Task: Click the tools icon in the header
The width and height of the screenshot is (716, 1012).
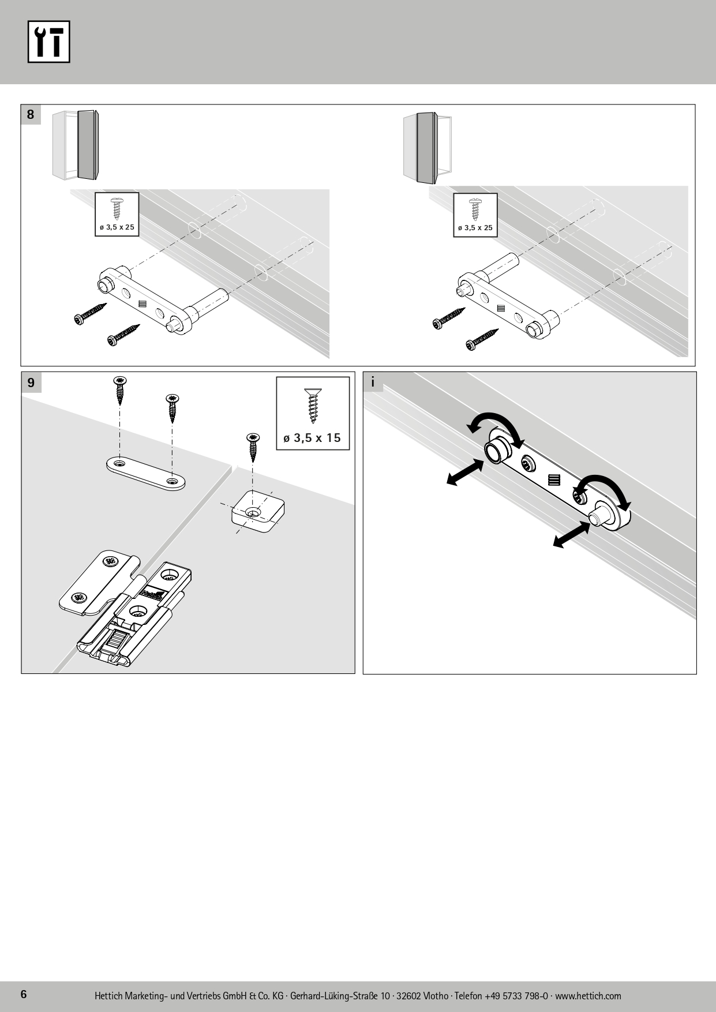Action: point(49,41)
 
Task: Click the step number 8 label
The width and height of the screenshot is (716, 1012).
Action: point(31,114)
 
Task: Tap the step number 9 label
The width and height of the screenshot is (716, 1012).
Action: point(31,382)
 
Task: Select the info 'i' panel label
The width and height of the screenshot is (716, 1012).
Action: point(373,382)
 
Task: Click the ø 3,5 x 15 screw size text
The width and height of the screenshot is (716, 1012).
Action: point(312,438)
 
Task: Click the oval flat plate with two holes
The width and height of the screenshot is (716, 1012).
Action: point(145,473)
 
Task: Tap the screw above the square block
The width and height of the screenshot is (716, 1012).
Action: point(252,447)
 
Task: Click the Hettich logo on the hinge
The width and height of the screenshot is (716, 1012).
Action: point(153,593)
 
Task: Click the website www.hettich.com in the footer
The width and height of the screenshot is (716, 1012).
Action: point(588,996)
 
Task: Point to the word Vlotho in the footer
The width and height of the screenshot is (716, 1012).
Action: point(434,996)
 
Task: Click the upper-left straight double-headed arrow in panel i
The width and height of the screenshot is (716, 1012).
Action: point(465,472)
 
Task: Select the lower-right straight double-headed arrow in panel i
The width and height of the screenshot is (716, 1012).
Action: point(571,534)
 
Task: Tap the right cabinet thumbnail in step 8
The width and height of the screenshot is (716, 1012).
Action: point(427,147)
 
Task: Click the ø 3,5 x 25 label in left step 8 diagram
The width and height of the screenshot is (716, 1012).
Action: point(117,227)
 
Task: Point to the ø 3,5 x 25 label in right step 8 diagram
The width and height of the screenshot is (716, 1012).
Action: point(475,228)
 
